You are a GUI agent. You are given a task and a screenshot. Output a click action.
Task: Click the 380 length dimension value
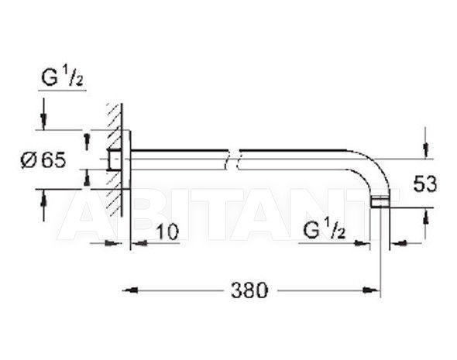click(249, 290)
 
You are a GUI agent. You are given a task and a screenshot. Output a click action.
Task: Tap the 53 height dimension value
click(425, 184)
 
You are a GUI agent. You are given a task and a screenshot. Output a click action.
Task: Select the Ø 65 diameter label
click(43, 160)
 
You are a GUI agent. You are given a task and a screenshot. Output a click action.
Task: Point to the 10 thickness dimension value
click(167, 232)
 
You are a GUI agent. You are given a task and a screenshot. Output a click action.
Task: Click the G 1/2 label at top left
click(62, 77)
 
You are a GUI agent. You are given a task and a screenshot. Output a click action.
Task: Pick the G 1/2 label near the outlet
click(325, 229)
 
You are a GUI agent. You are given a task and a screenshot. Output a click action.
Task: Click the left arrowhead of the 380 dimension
click(130, 290)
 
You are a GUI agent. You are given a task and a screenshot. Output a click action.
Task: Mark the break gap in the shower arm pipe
click(234, 159)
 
